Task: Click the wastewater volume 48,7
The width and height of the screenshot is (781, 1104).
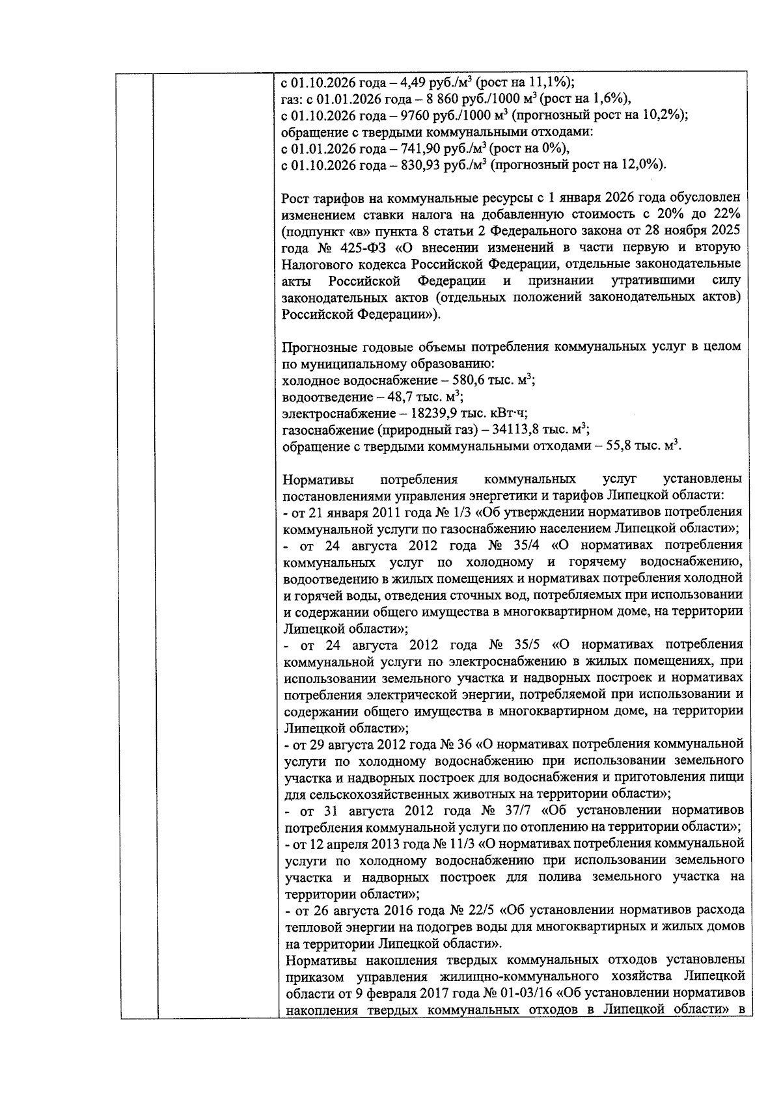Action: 403,397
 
